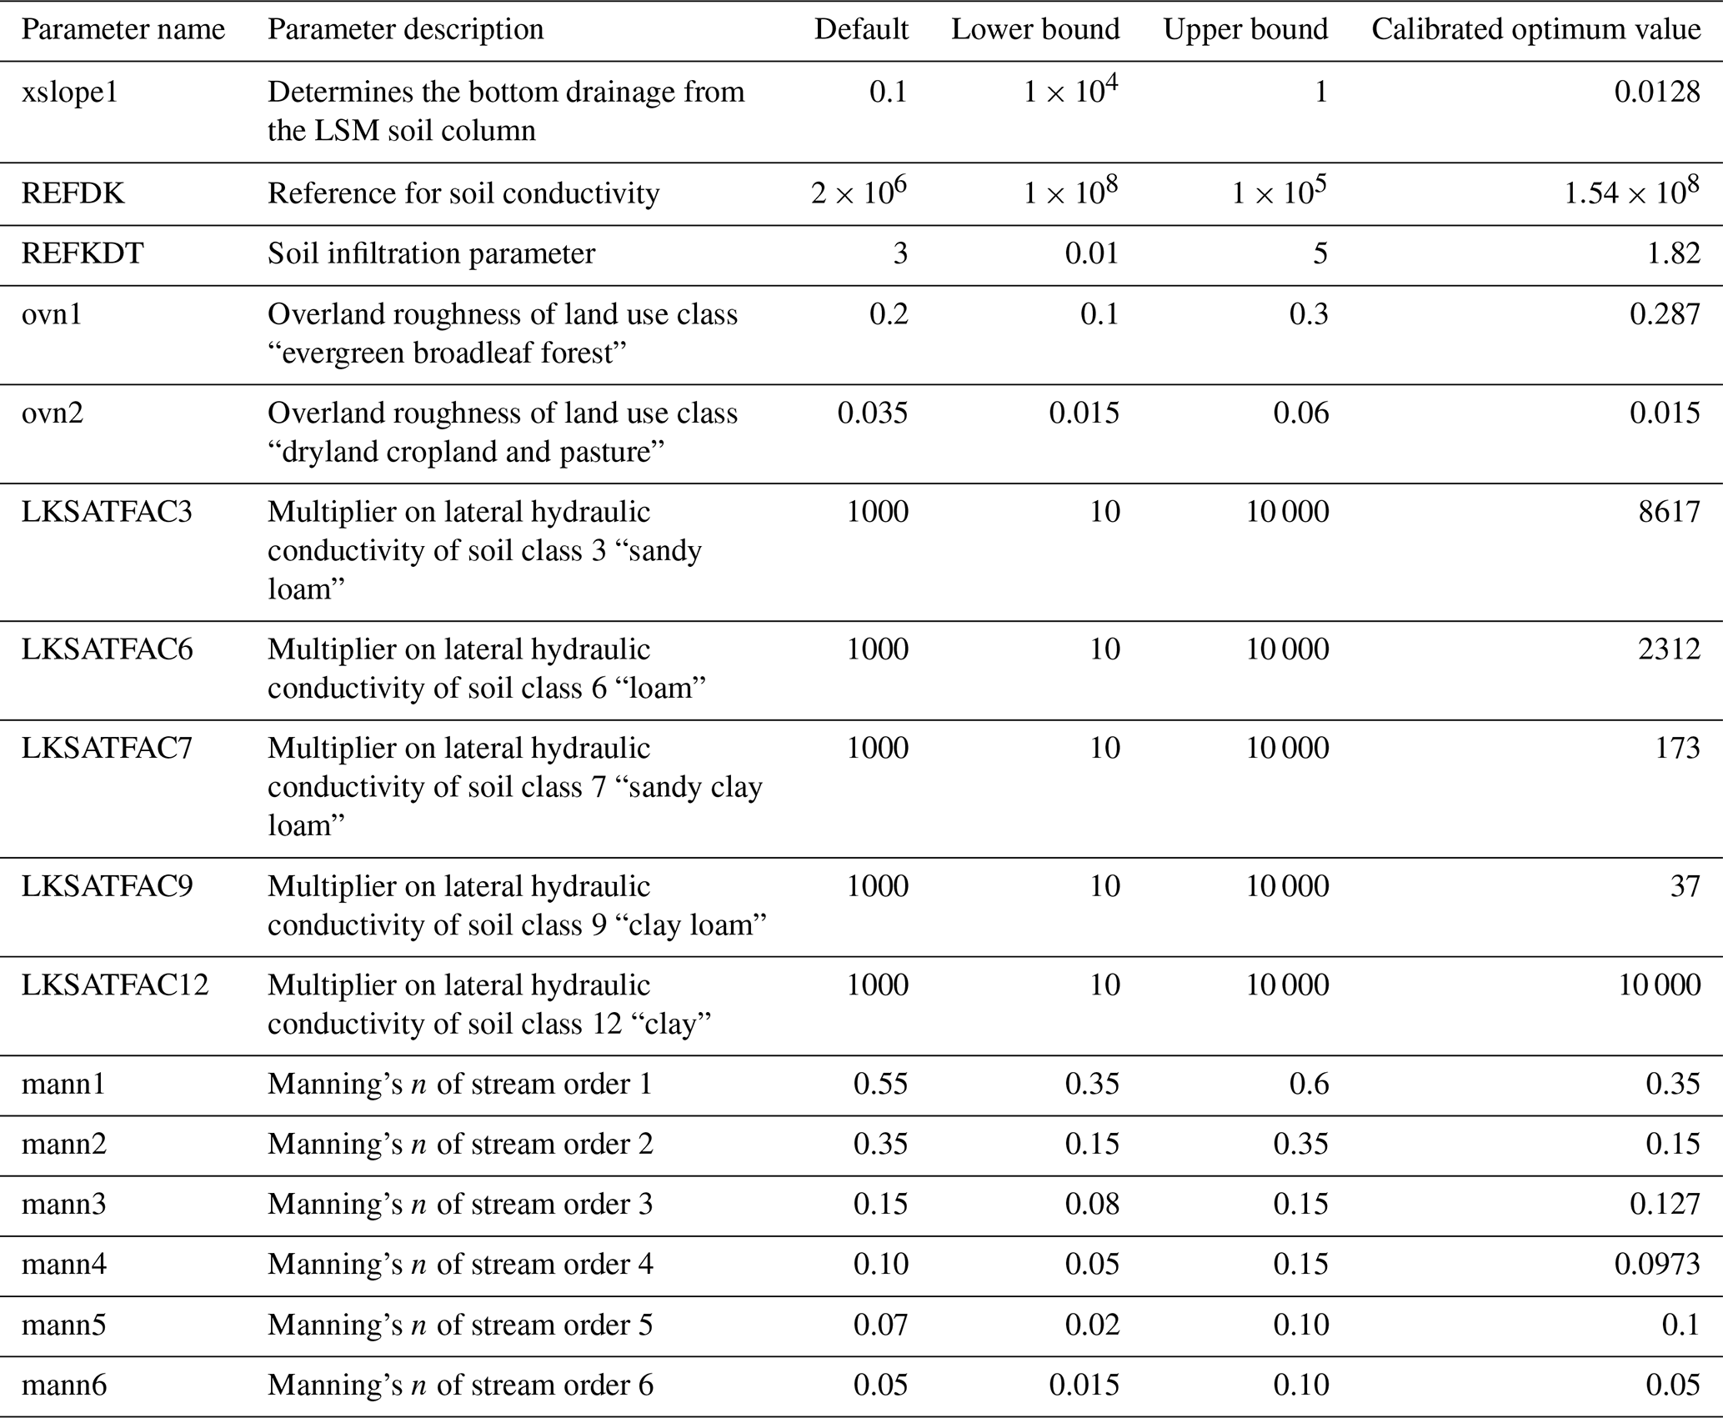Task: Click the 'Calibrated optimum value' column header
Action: [x=1535, y=30]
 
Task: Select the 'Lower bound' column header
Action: [x=1035, y=30]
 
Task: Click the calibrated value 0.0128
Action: [x=1656, y=92]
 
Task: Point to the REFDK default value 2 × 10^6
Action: [x=859, y=192]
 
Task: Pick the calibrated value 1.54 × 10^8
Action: [x=1631, y=192]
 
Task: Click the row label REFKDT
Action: [x=83, y=253]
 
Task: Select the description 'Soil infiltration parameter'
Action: [x=431, y=253]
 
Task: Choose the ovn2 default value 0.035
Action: [x=873, y=413]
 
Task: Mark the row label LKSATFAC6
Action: [x=107, y=649]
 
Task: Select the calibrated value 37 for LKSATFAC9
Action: [x=1685, y=886]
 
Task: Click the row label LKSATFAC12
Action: [x=115, y=985]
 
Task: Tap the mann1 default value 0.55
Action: [x=880, y=1084]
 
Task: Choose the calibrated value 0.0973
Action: [x=1656, y=1265]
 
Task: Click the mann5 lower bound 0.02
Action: [x=1092, y=1325]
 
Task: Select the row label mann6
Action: [x=64, y=1385]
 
